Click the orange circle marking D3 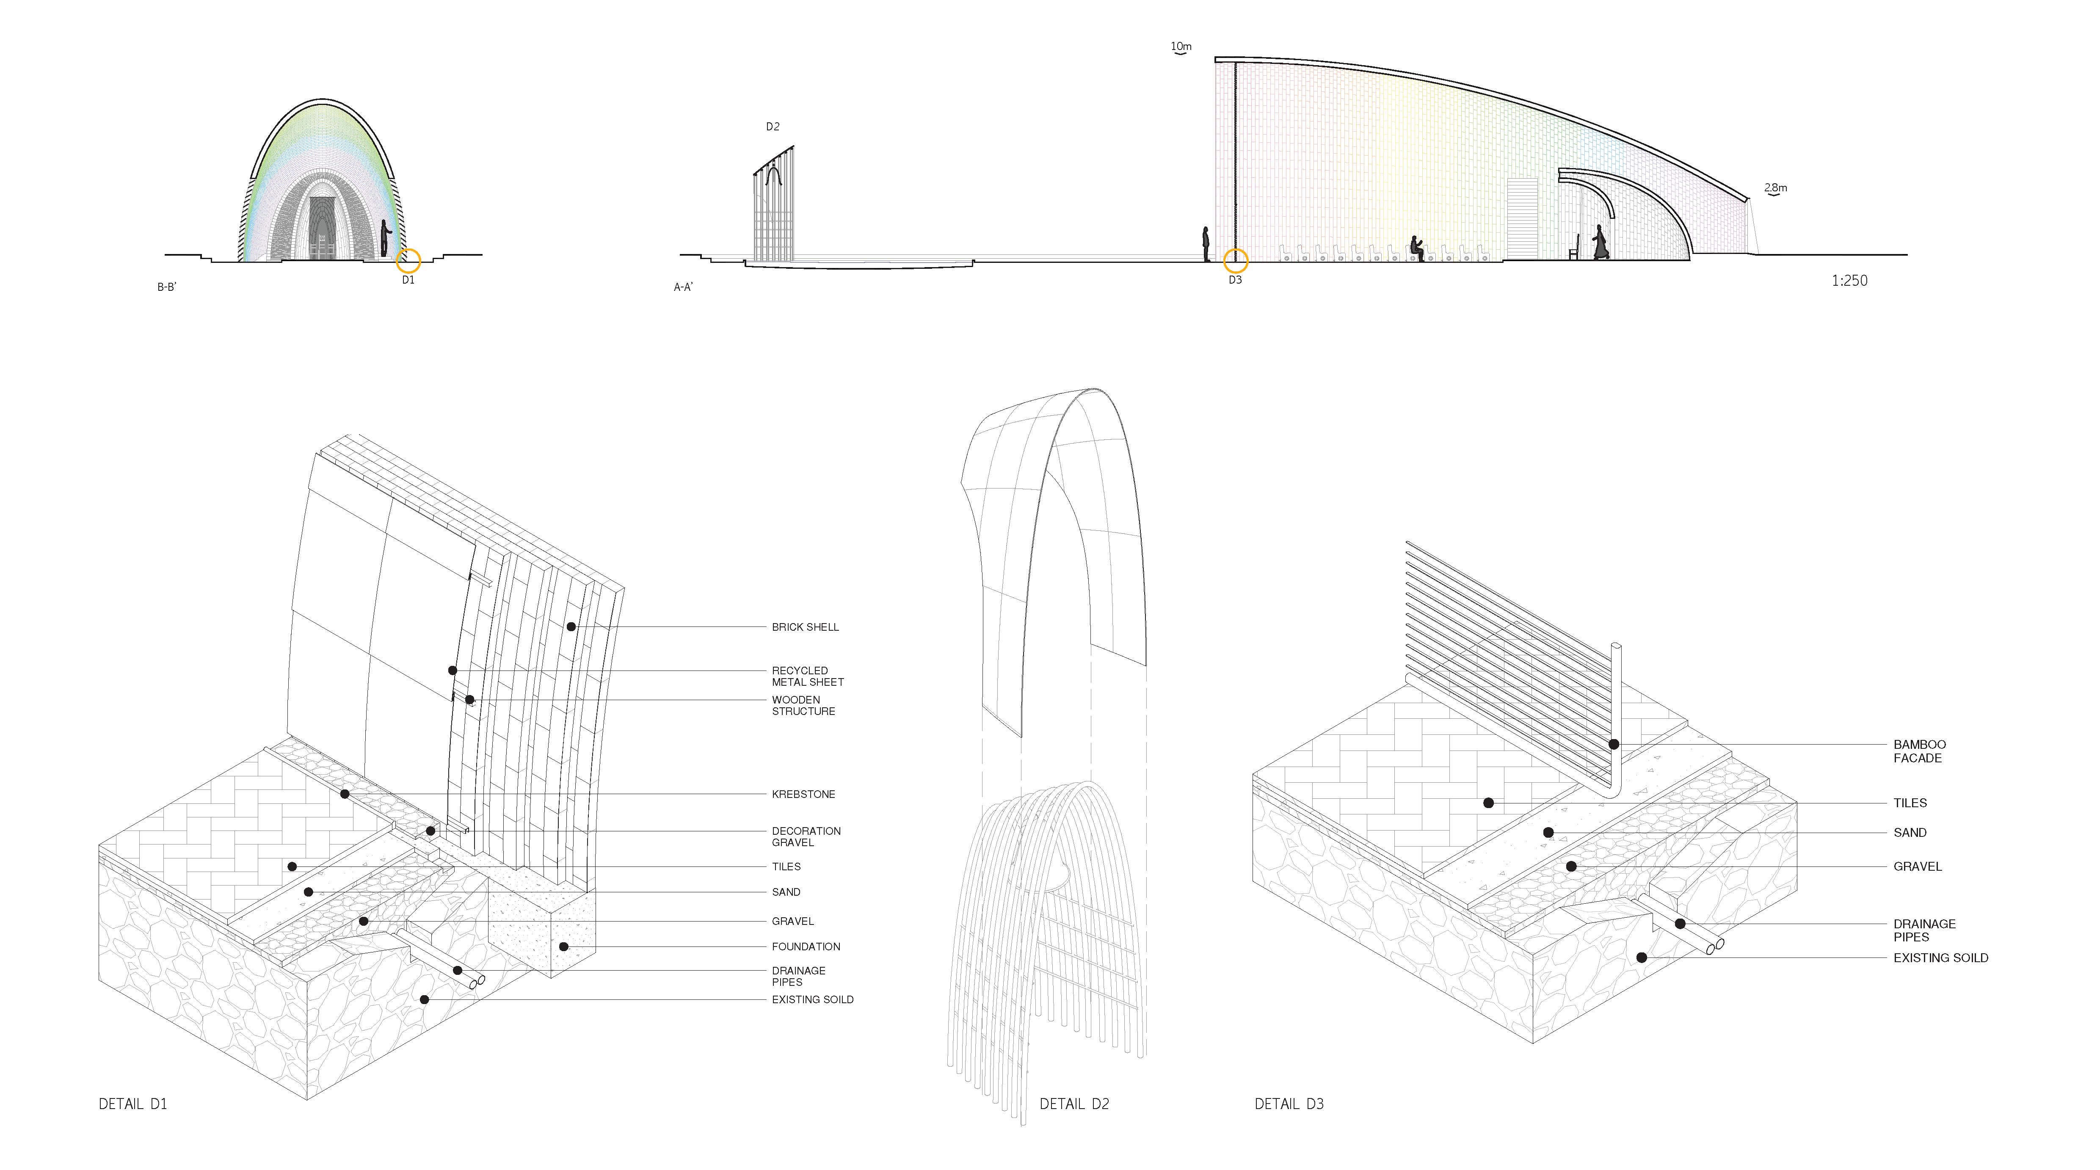coord(1236,261)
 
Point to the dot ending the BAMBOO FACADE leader coord(1613,745)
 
